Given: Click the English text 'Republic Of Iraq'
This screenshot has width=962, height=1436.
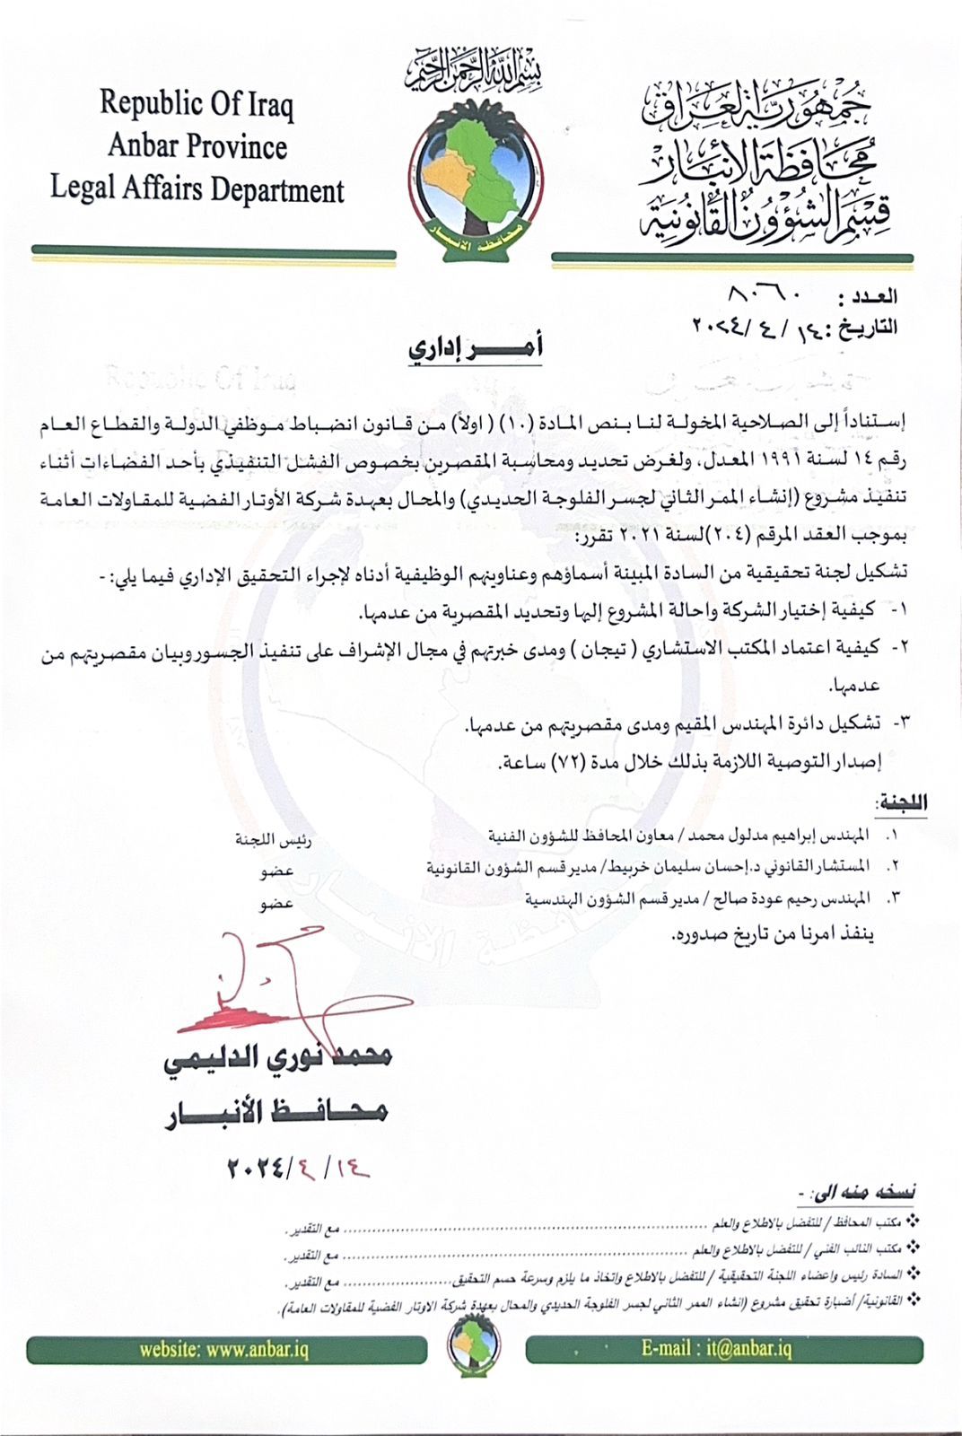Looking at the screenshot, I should click(x=197, y=104).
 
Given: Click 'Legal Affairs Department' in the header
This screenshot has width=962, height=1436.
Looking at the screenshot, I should click(x=197, y=189).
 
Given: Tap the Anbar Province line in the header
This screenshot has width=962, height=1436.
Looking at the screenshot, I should click(x=197, y=146).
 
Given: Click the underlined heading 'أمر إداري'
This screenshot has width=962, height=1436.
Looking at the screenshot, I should click(x=476, y=348).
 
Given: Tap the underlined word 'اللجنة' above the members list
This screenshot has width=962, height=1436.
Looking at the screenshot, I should click(x=900, y=802).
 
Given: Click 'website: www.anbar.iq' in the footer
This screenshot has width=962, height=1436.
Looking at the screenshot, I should click(x=224, y=1350).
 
